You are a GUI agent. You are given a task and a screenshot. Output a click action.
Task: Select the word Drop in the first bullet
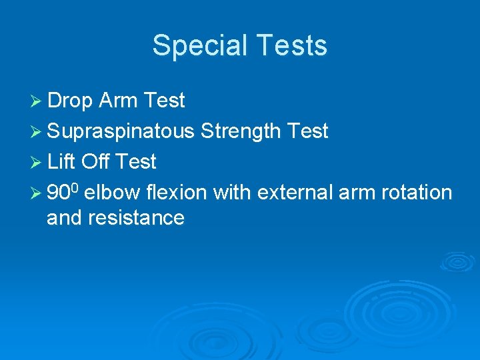pyautogui.click(x=70, y=101)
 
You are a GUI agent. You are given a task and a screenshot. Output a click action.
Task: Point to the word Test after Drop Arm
pyautogui.click(x=164, y=101)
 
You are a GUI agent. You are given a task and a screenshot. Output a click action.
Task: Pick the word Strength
pyautogui.click(x=241, y=131)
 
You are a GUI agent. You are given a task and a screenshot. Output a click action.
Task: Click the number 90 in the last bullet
pyautogui.click(x=59, y=193)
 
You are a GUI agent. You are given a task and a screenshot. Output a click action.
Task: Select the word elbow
pyautogui.click(x=113, y=193)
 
